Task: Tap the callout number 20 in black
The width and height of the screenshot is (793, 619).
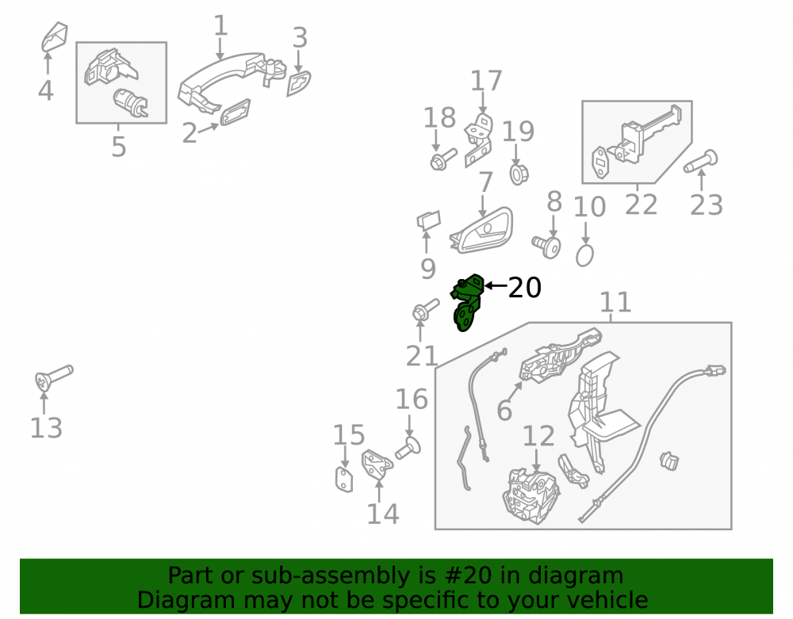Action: [x=524, y=288]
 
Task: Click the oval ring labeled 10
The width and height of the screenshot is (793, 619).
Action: [x=584, y=256]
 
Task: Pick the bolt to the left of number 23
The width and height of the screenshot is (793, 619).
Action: [x=700, y=161]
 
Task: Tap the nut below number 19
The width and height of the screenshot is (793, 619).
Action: [x=519, y=174]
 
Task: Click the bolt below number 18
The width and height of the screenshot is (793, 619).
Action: [x=443, y=159]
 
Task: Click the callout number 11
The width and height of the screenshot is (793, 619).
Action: [x=615, y=302]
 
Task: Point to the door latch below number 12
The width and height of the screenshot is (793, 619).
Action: [x=531, y=497]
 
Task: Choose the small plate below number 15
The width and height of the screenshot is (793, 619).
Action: [x=344, y=480]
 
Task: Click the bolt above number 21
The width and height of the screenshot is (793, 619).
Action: [x=426, y=309]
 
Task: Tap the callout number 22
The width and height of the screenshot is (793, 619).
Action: [x=642, y=204]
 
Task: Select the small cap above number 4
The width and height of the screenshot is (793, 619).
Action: [x=55, y=36]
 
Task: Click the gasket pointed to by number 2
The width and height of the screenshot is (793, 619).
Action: [x=236, y=112]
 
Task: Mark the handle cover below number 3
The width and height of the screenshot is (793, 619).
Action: [x=299, y=83]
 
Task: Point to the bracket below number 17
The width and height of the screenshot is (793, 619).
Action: [x=479, y=140]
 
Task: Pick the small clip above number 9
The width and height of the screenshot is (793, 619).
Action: [x=428, y=220]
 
